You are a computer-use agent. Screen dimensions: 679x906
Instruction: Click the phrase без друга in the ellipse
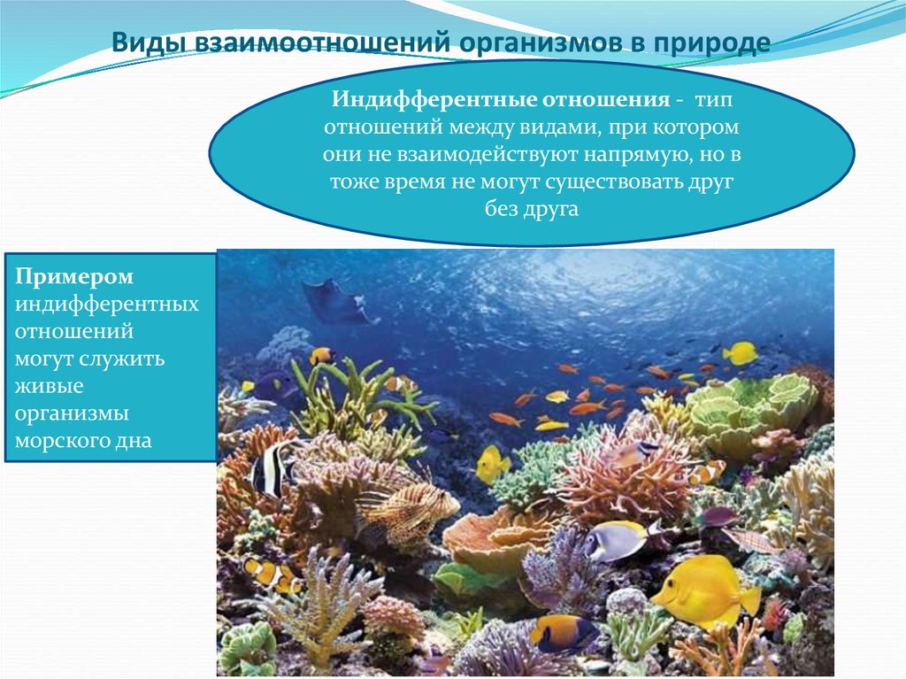pos(531,211)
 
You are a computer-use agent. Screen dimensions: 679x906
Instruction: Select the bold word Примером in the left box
pos(74,277)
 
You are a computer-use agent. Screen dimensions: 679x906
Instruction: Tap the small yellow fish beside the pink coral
pos(492,464)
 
